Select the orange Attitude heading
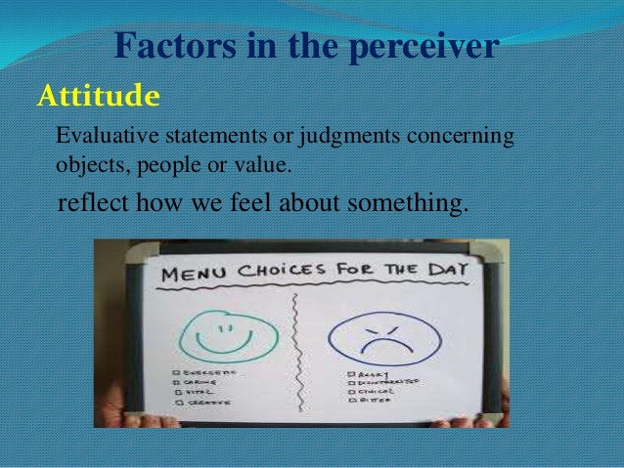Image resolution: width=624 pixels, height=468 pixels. click(97, 97)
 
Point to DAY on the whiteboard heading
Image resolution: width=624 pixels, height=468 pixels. click(445, 267)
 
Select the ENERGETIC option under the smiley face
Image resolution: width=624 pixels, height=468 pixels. click(203, 374)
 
